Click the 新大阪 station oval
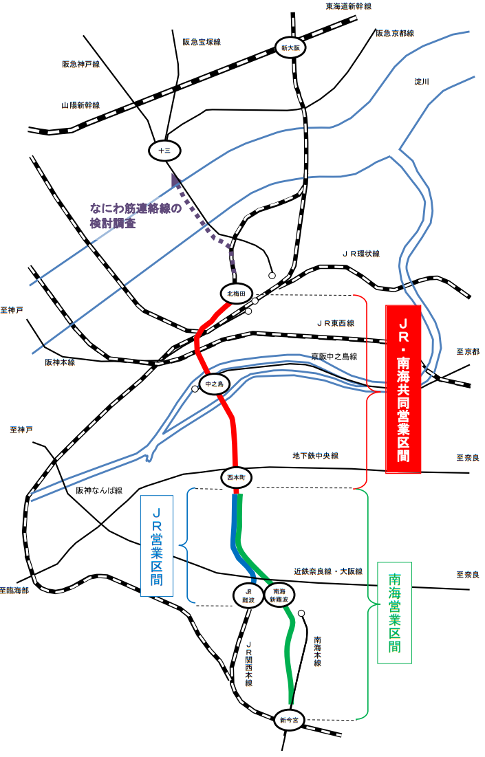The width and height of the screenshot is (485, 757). [x=291, y=48]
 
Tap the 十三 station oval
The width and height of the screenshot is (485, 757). [x=164, y=151]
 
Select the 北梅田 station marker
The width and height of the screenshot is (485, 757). [x=236, y=294]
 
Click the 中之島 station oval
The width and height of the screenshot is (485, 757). [x=214, y=384]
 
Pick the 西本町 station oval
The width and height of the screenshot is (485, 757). [x=237, y=477]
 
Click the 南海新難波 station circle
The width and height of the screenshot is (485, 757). [x=279, y=595]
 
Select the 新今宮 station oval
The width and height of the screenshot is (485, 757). [x=290, y=720]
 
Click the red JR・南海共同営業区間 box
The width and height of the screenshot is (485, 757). [x=403, y=388]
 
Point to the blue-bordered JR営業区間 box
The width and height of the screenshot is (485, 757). [x=157, y=545]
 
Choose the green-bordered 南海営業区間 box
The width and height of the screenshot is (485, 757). [x=394, y=612]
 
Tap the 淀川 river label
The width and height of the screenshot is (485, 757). [x=422, y=82]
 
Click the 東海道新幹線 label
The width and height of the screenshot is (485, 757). [x=349, y=6]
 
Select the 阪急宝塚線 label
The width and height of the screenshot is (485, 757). [x=202, y=42]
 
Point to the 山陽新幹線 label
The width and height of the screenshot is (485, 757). [x=80, y=105]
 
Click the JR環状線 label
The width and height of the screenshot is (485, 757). [x=361, y=254]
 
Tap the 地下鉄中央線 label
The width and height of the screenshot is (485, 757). [x=316, y=455]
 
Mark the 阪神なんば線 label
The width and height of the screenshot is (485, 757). [x=99, y=490]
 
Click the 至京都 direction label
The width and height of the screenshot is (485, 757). [x=468, y=352]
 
